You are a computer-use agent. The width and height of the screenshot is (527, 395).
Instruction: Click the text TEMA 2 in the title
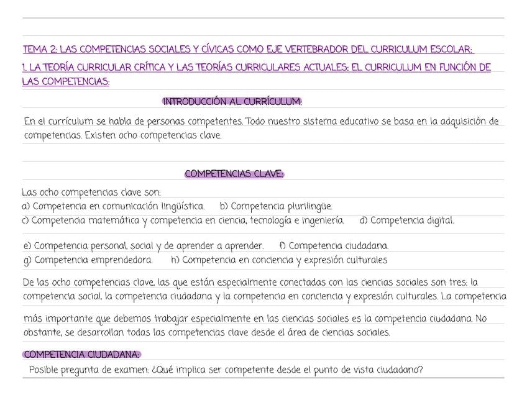point(38,49)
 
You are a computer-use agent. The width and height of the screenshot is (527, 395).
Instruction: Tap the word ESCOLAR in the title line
point(451,49)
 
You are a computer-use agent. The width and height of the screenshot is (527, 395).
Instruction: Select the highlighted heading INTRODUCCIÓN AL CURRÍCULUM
point(232,101)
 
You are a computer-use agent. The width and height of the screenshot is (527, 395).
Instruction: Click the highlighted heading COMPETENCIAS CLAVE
point(234,174)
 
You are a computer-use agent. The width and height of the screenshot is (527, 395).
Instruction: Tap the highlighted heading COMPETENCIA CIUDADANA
point(81,355)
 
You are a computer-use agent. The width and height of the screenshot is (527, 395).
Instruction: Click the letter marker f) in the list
point(282,247)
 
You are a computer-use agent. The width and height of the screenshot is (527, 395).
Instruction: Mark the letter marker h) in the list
point(175,260)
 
